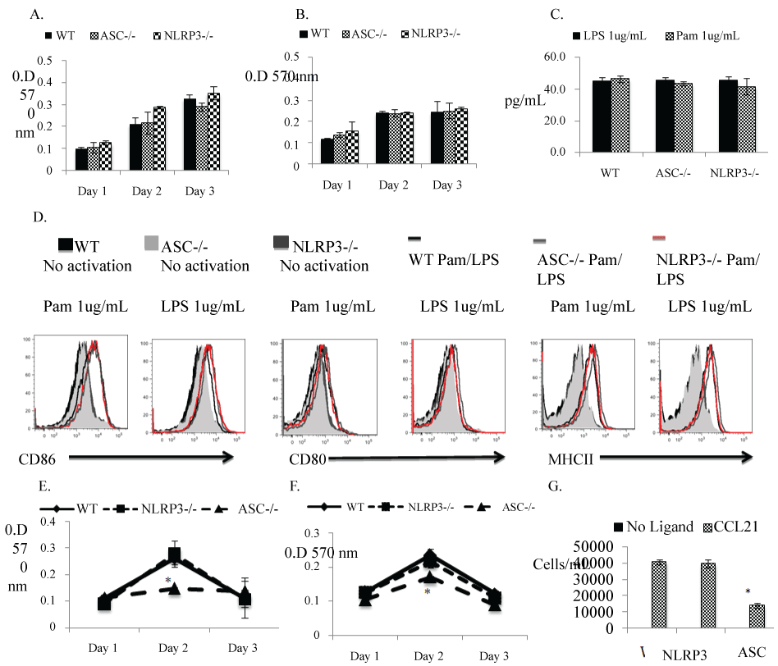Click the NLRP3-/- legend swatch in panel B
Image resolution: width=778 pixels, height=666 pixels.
coord(407,34)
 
